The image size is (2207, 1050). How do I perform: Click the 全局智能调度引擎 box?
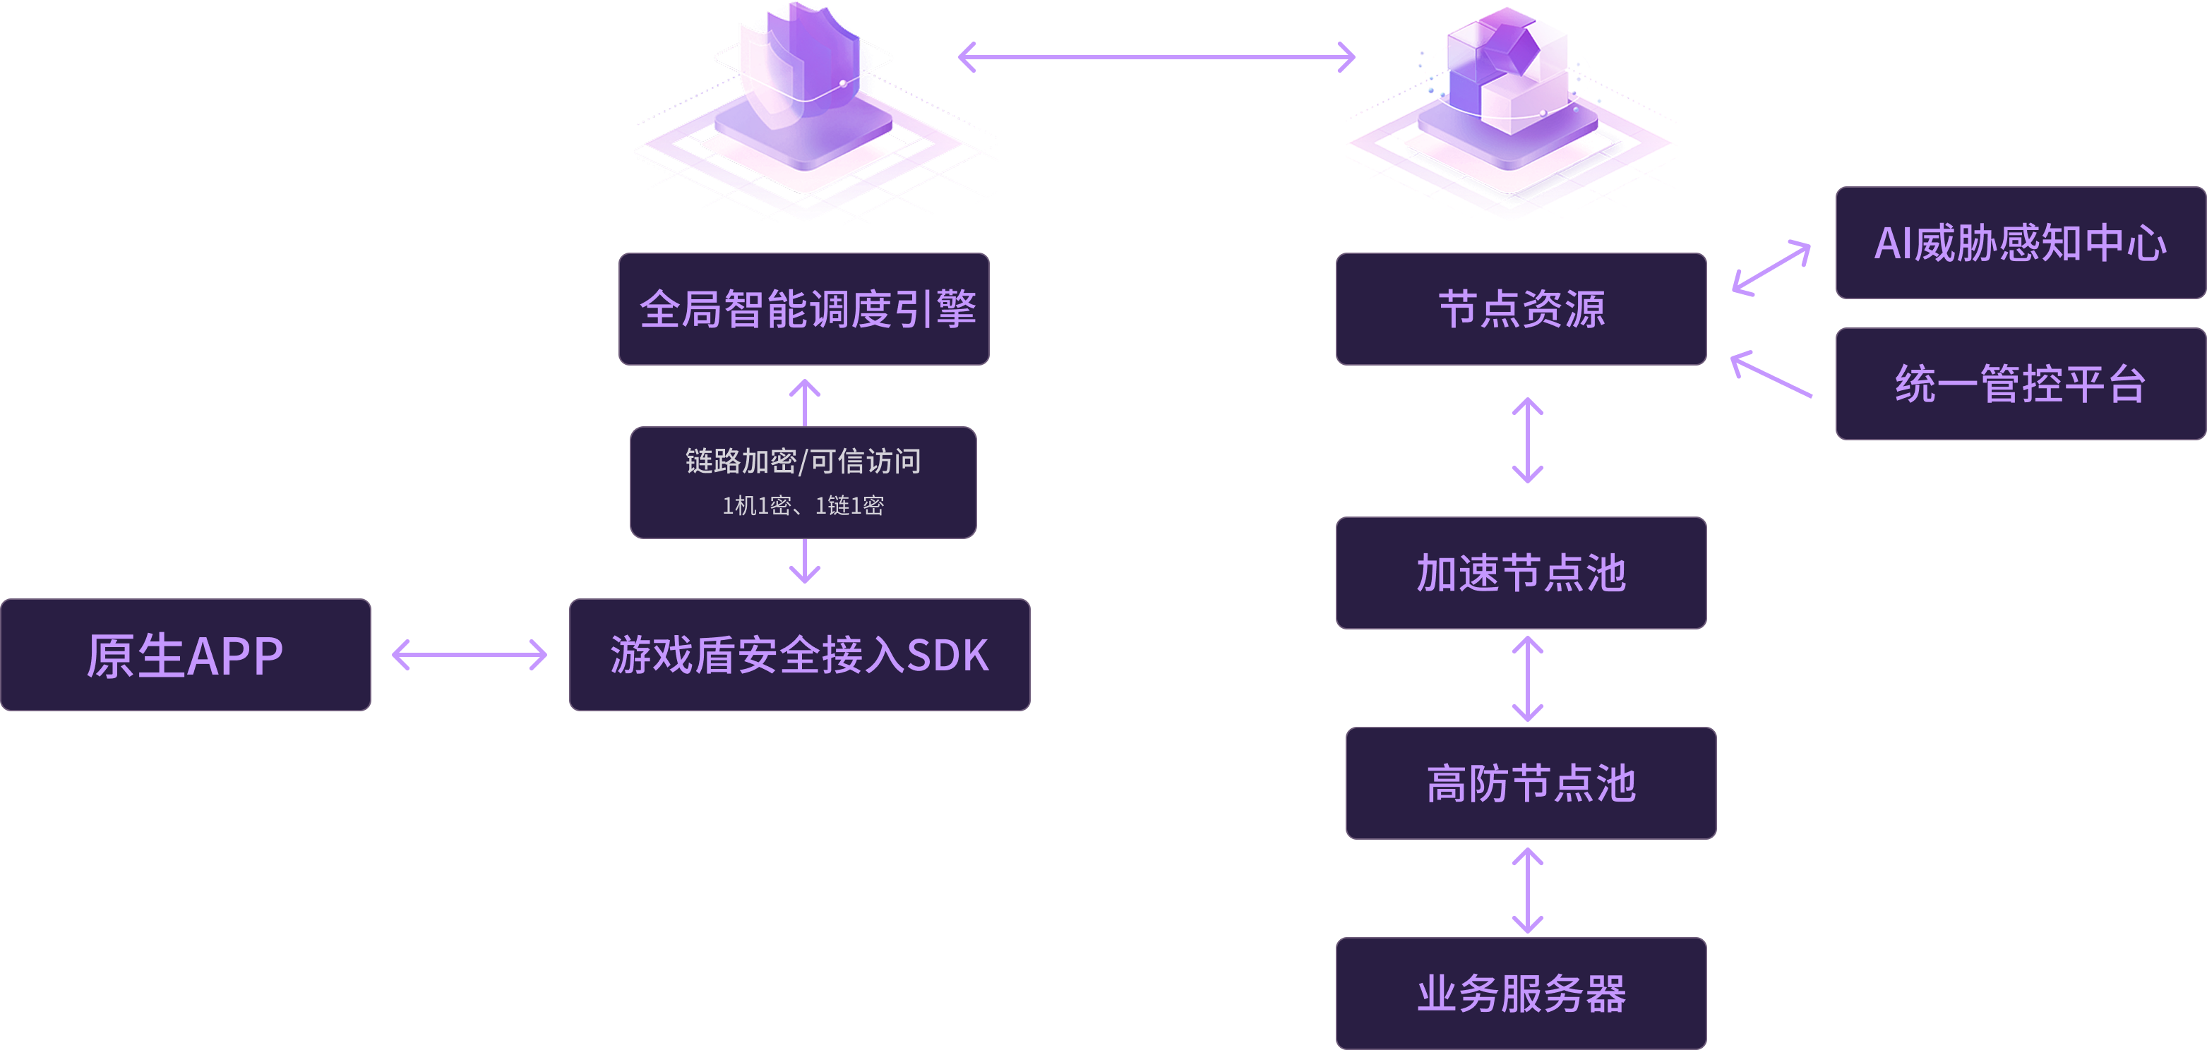[x=803, y=309]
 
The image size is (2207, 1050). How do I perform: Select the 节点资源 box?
[x=1521, y=309]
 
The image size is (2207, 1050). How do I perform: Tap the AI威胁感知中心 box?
[x=2020, y=243]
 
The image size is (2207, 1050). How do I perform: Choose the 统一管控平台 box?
[x=2020, y=384]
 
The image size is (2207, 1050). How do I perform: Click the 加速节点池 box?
[x=1521, y=573]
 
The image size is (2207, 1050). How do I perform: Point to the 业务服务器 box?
[x=1521, y=994]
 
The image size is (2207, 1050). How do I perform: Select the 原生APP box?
[x=185, y=655]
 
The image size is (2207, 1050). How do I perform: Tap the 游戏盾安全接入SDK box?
[x=799, y=655]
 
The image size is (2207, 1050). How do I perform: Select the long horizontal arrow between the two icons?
[x=1156, y=57]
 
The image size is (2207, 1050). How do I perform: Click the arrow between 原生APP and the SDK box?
[x=469, y=655]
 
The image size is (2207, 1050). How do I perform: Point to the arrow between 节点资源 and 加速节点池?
[x=1528, y=441]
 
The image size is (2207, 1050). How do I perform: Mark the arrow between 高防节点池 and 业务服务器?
[x=1528, y=890]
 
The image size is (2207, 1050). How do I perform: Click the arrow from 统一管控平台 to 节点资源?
[x=1772, y=375]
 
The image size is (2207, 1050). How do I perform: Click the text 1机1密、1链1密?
[x=803, y=506]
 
